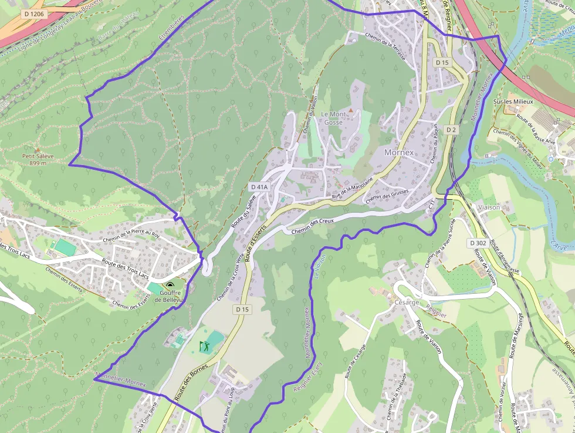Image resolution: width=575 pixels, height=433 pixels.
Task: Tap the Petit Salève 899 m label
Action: click(x=38, y=159)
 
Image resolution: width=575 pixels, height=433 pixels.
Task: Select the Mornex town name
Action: click(x=398, y=152)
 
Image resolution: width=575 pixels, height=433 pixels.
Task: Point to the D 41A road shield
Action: click(x=259, y=187)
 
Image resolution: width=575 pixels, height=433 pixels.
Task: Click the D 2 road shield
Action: click(x=451, y=129)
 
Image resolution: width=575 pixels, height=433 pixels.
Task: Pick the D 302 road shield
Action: click(x=478, y=243)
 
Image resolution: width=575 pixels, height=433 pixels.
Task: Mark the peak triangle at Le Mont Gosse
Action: click(x=351, y=109)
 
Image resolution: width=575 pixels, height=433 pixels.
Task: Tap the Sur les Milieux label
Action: click(x=513, y=102)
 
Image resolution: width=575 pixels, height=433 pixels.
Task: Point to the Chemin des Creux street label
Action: click(x=312, y=225)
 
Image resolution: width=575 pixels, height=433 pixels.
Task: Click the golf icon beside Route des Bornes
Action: click(x=205, y=346)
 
